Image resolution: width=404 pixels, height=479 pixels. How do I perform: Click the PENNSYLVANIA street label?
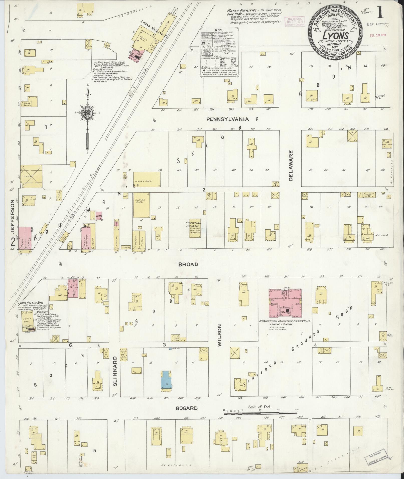pyautogui.click(x=227, y=119)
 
